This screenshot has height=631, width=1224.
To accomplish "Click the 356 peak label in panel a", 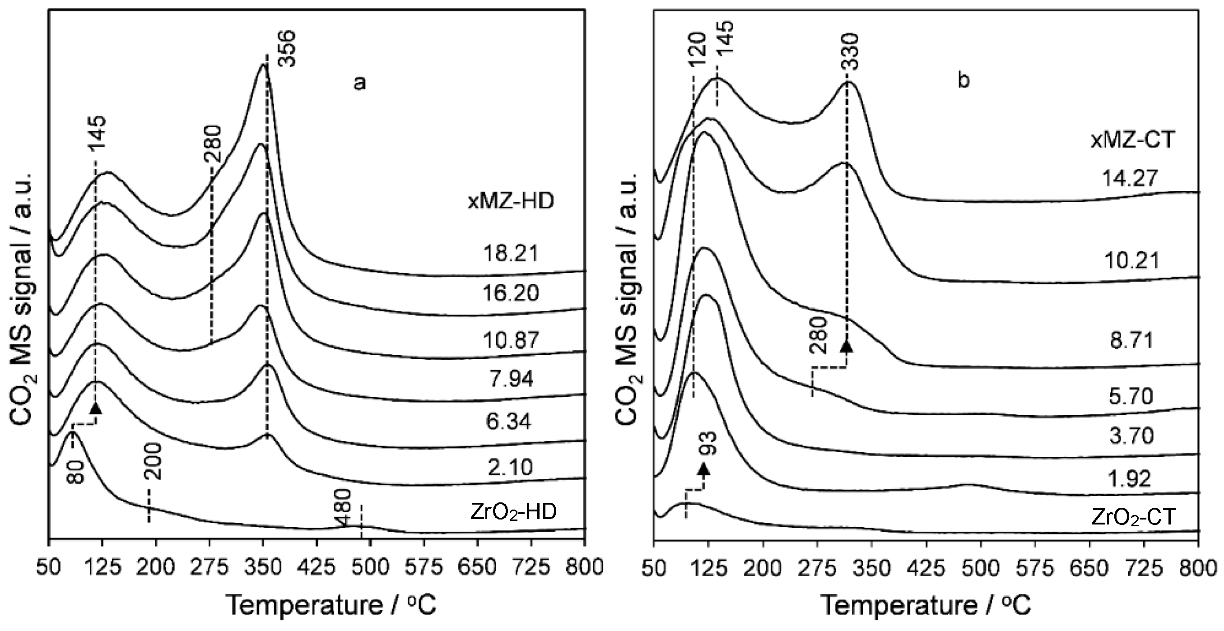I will coord(287,49).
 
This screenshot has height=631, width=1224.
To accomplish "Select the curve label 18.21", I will coord(511,253).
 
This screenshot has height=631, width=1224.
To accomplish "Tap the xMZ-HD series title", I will coord(511,201).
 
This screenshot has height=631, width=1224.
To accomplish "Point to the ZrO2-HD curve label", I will coord(513,512).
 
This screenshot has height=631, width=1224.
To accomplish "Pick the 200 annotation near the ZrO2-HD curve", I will coord(154,462).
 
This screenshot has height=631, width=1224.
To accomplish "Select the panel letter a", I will coord(360,83).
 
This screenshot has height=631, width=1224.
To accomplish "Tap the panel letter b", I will coord(963,80).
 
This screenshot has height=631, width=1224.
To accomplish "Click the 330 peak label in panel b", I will coord(852,51).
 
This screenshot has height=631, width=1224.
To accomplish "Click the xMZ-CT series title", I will coord(1131,139).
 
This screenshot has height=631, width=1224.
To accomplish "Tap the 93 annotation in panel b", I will coord(709,444).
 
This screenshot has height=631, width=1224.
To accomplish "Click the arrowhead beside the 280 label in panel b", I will coord(846,346).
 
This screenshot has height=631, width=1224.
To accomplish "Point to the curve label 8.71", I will coord(1131,341).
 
